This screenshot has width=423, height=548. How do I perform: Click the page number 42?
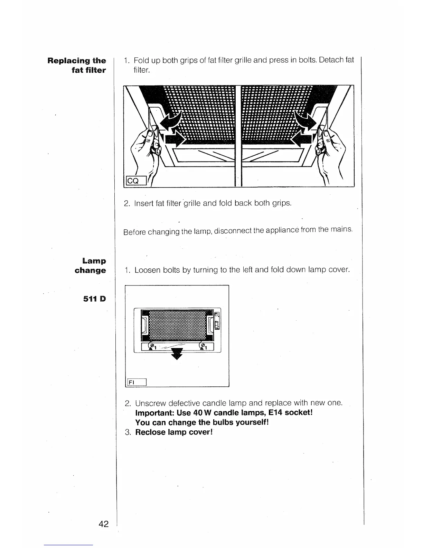pyautogui.click(x=103, y=524)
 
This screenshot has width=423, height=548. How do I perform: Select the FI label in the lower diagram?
pyautogui.click(x=132, y=382)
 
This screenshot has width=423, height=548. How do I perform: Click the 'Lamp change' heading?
pyautogui.click(x=91, y=265)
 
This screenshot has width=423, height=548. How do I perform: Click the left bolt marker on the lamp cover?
pyautogui.click(x=151, y=346)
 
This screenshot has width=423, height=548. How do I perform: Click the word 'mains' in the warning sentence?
pyautogui.click(x=340, y=229)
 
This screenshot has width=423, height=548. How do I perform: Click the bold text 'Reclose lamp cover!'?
pyautogui.click(x=173, y=432)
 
